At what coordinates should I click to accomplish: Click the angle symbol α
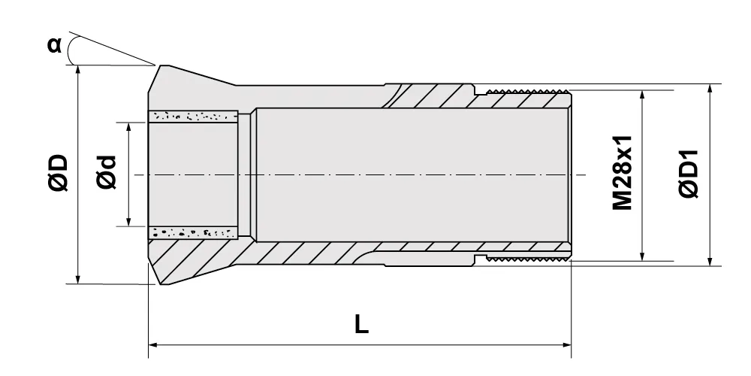[54, 44]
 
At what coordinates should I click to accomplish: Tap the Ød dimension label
[107, 172]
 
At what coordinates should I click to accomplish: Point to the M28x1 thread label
[623, 173]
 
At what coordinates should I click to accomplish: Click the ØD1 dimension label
[689, 174]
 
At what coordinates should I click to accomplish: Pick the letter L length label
[362, 325]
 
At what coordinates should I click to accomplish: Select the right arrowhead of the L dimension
[566, 344]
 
